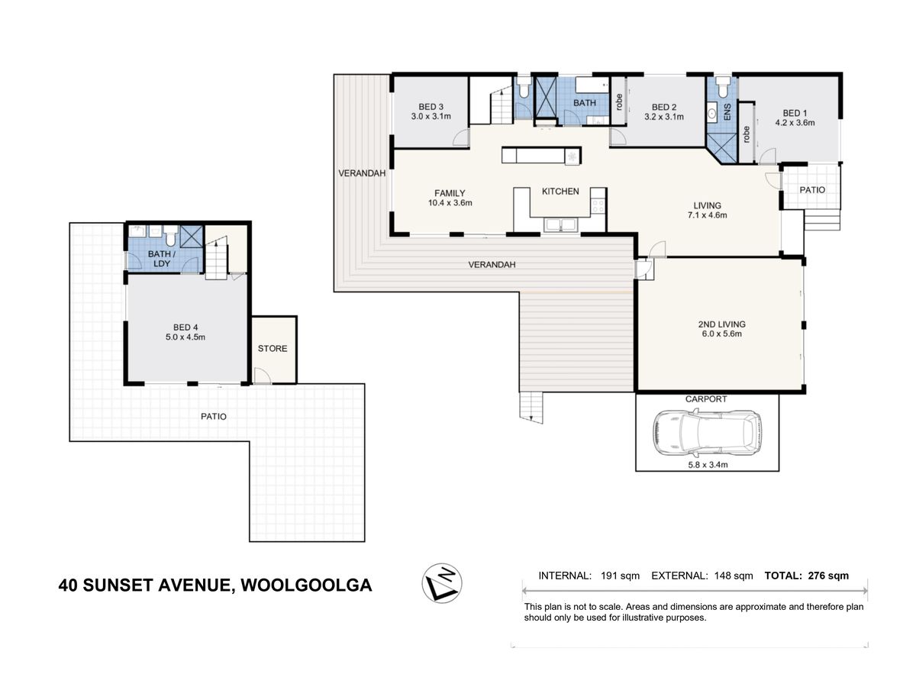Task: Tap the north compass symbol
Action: [x=441, y=583]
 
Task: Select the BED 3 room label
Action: [x=431, y=107]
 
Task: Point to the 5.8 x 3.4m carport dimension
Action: [x=708, y=464]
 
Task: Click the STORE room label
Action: [x=272, y=348]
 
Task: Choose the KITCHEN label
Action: [x=560, y=191]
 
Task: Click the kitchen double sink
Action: [x=561, y=224]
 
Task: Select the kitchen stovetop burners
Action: [x=598, y=205]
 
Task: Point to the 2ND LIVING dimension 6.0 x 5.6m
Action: [x=721, y=334]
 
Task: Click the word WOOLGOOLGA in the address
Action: [x=306, y=585]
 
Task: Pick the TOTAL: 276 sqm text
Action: [x=806, y=576]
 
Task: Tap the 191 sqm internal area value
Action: [x=620, y=576]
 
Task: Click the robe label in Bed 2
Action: [x=619, y=102]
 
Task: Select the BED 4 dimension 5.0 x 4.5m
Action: [x=185, y=337]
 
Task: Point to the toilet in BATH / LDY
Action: [x=170, y=235]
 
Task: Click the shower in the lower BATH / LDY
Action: [x=192, y=237]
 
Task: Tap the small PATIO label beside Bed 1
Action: [x=812, y=190]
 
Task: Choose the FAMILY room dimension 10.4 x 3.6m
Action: [x=450, y=203]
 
